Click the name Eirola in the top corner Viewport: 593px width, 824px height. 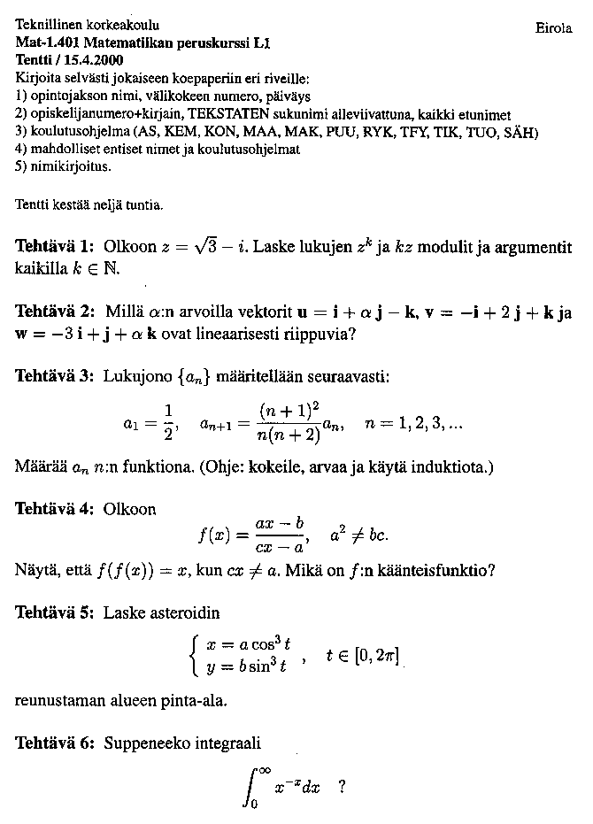(554, 28)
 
